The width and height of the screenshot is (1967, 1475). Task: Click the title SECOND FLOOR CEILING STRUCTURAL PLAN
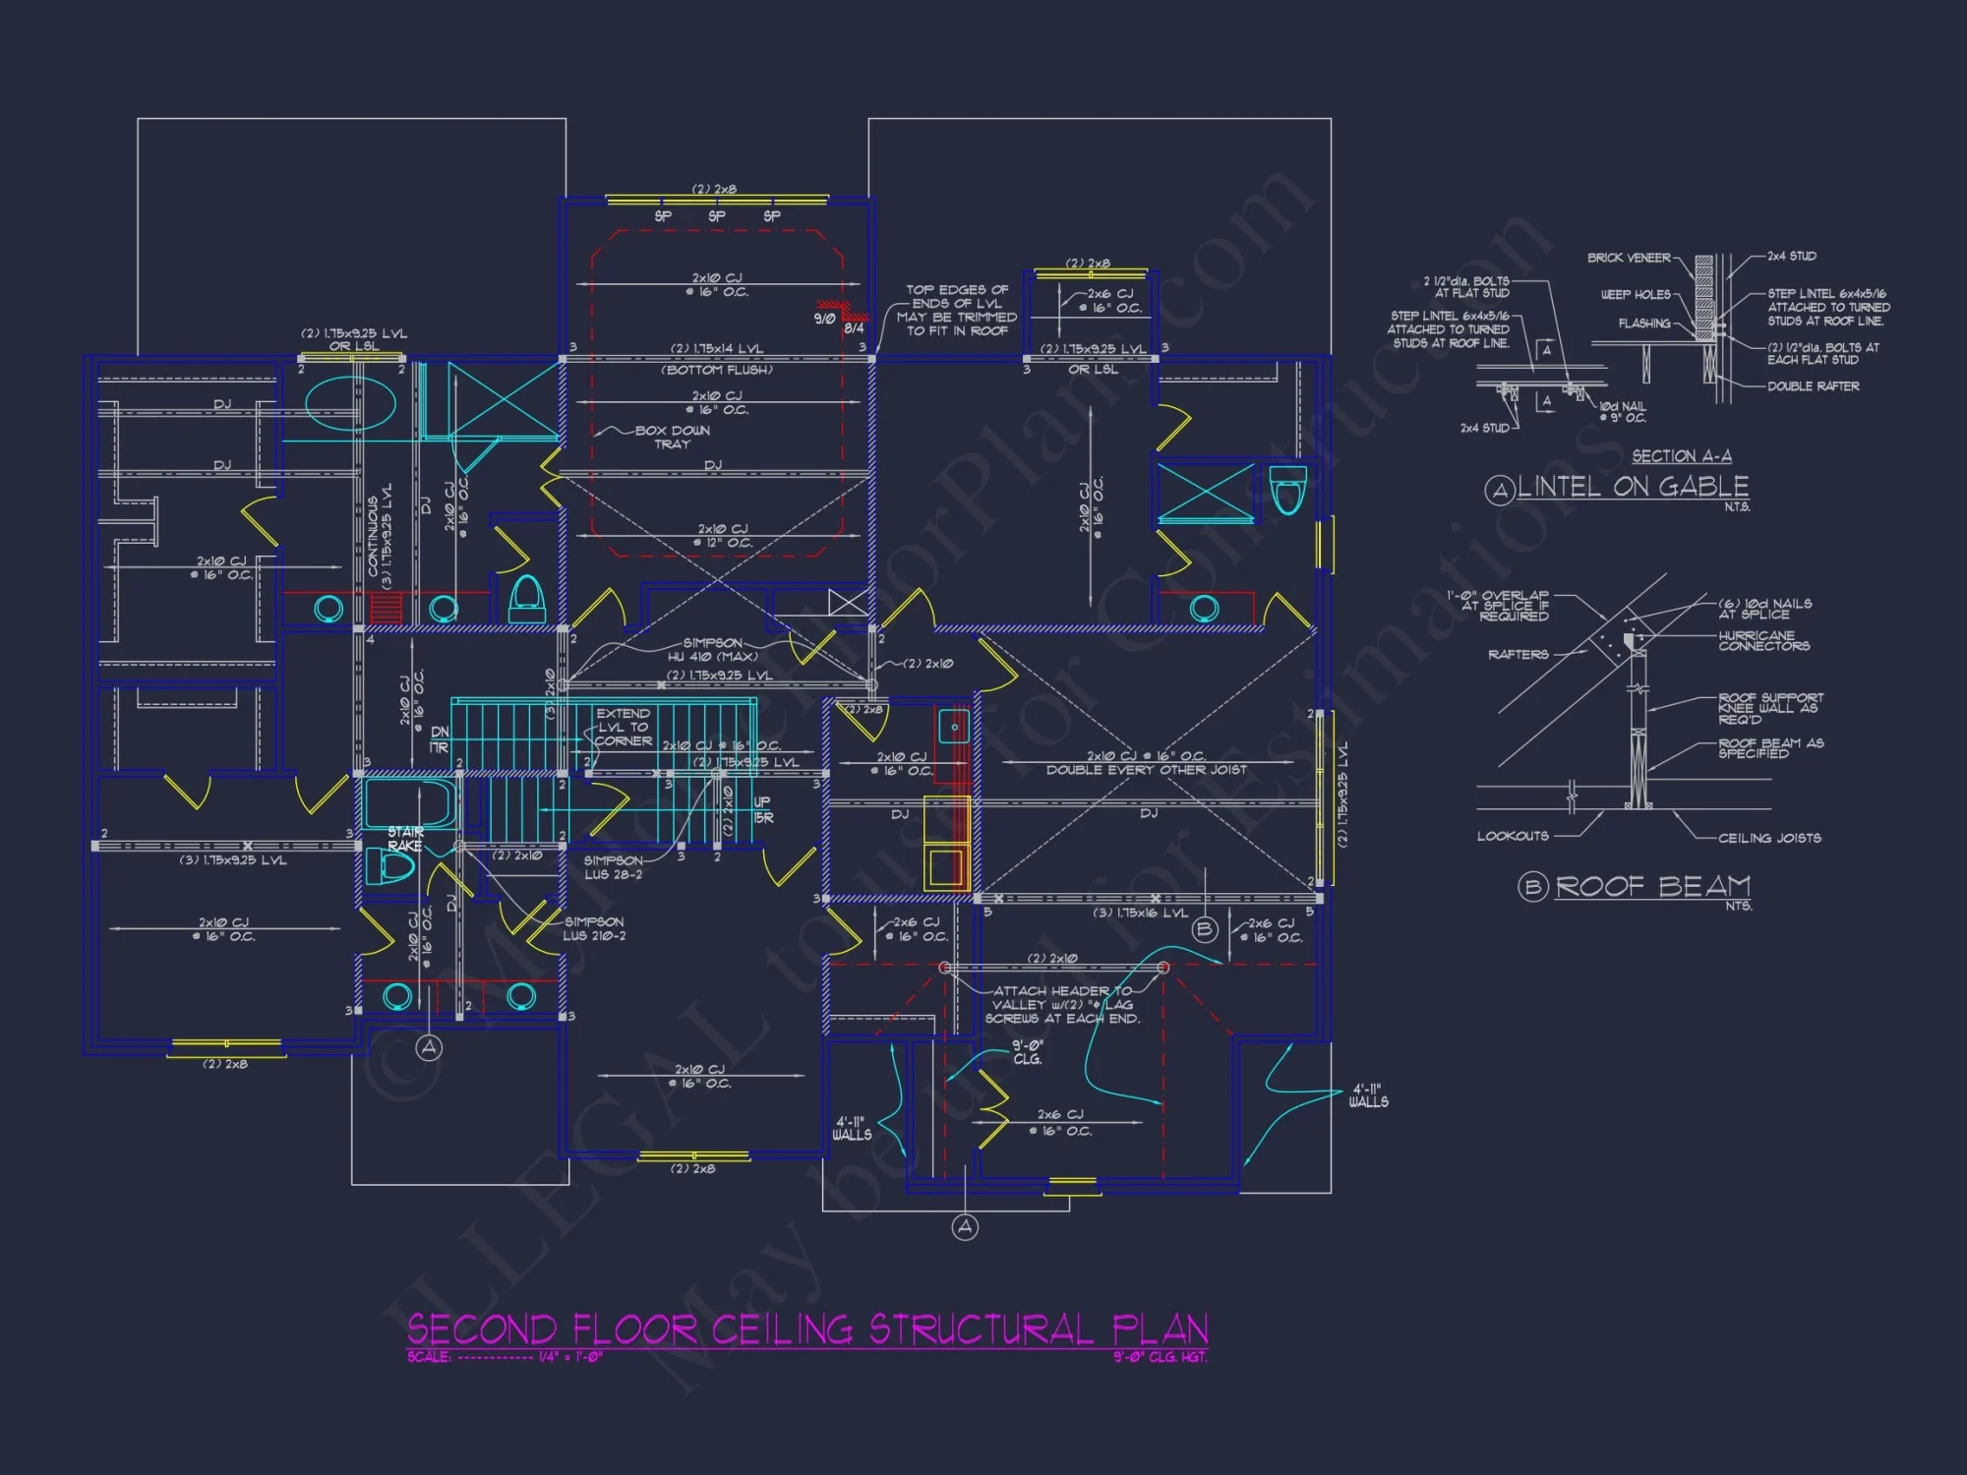(x=807, y=1329)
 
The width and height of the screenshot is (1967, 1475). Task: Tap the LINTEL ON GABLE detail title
(x=1633, y=487)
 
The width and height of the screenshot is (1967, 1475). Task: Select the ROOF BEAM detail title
(x=1652, y=887)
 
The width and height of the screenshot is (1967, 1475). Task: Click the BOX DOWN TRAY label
(x=672, y=438)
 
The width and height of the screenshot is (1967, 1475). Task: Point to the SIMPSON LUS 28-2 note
(x=613, y=867)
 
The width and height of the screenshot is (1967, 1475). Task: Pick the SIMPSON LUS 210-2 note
(x=594, y=929)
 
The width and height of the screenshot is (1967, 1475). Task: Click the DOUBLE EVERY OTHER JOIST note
(x=1146, y=770)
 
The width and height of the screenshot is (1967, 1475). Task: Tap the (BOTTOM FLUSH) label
(x=716, y=370)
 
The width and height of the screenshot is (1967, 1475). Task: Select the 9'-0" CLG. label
(x=1028, y=1052)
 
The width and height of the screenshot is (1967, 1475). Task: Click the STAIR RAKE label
(x=405, y=839)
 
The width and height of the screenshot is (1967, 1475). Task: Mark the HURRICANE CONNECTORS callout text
(x=1763, y=641)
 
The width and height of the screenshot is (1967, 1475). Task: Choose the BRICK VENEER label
(x=1629, y=258)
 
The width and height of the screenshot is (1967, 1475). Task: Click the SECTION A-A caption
(x=1682, y=456)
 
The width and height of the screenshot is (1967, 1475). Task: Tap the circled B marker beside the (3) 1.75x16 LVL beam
(x=1205, y=929)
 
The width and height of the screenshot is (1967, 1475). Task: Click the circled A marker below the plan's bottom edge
(x=965, y=1226)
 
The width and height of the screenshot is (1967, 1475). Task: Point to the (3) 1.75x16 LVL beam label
(x=1141, y=914)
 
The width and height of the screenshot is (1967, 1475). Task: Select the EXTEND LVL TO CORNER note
(x=623, y=728)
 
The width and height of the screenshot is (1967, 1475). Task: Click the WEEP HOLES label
(x=1635, y=294)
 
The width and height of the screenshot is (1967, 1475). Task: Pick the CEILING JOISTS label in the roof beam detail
(x=1769, y=838)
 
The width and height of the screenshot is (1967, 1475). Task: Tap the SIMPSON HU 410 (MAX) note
(x=713, y=650)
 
